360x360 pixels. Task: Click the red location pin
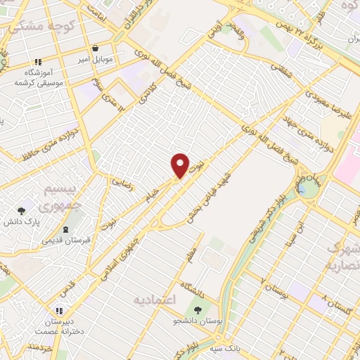click(181, 165)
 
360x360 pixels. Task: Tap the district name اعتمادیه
click(155, 300)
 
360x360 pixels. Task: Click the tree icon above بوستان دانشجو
click(198, 309)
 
